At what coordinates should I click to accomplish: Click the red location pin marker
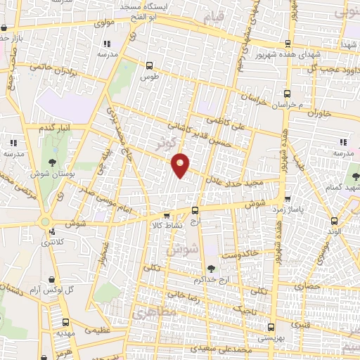click(181, 165)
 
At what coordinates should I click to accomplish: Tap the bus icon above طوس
click(148, 65)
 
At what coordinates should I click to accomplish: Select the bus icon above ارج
click(195, 210)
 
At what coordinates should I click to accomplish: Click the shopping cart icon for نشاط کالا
click(166, 216)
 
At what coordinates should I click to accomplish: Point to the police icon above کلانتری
click(46, 232)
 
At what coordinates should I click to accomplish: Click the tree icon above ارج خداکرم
click(210, 267)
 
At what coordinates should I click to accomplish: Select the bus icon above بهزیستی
click(271, 327)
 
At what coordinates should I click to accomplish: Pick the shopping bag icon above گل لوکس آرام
click(51, 279)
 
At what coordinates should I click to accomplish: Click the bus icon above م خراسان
click(287, 94)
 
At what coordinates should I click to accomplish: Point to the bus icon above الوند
click(332, 220)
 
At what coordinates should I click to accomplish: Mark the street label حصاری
click(307, 286)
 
